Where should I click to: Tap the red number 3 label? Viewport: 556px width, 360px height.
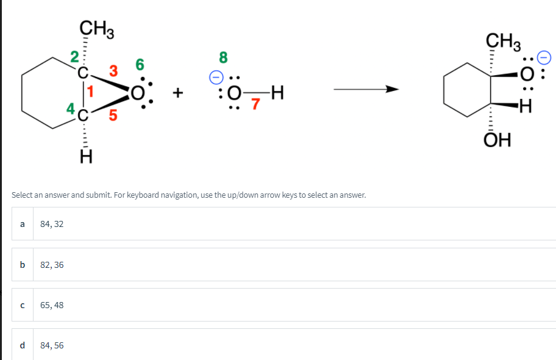point(113,70)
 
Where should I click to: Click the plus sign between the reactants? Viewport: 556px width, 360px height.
point(178,93)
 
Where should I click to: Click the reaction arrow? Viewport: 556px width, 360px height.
point(366,90)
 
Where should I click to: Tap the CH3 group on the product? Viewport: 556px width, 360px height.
point(503,43)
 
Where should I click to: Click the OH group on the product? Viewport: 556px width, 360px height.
point(497,142)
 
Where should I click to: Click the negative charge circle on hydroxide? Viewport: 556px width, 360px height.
point(215,77)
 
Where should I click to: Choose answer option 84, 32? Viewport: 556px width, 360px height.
point(52,224)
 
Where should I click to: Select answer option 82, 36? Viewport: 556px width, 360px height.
point(52,265)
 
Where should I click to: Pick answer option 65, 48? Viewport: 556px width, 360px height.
point(52,305)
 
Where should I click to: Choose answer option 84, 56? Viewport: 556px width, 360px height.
point(52,345)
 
